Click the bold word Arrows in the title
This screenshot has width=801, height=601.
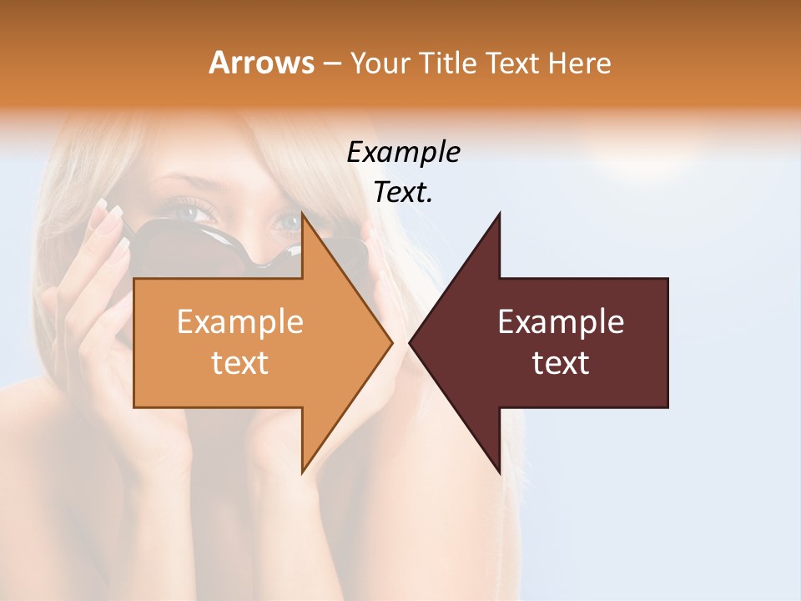261,63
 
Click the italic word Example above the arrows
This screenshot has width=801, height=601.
404,153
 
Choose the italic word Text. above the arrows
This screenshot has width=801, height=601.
404,193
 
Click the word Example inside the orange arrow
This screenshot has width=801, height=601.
240,322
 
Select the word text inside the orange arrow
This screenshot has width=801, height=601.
240,363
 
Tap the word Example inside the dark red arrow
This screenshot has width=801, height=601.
561,322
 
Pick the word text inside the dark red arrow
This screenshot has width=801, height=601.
561,363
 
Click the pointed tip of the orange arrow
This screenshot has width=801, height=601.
391,342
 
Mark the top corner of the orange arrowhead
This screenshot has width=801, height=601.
303,214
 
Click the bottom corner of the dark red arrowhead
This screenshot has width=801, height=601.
499,472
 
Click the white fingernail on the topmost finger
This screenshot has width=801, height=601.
103,205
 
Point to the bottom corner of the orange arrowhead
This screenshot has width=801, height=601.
303,472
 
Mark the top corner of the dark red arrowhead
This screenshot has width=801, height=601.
499,214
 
